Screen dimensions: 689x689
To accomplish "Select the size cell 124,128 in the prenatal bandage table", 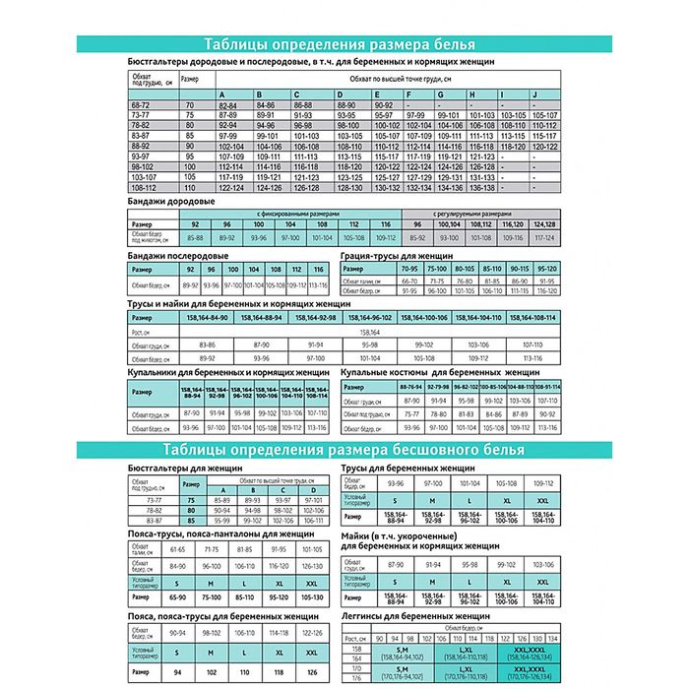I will (542, 224).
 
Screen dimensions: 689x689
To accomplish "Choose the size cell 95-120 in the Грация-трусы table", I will (544, 269).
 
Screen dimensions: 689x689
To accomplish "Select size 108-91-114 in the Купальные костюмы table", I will (546, 387).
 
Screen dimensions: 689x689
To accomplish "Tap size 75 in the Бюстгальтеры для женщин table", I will (193, 502).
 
